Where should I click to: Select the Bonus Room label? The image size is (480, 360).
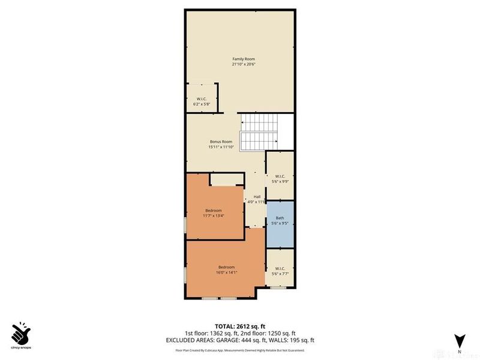point(221,142)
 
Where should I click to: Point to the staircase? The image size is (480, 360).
point(260,133)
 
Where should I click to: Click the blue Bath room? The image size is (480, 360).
point(280,221)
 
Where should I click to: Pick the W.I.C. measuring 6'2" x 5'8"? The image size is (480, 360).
point(202,101)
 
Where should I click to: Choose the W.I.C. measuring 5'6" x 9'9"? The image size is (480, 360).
point(280,178)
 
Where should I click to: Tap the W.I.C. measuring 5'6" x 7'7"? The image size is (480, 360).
point(280,271)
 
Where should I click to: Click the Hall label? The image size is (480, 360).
point(257,197)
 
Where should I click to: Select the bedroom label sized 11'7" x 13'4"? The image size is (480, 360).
point(214,211)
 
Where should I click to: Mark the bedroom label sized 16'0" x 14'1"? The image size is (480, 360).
point(226,267)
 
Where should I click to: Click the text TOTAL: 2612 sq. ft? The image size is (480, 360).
point(239,326)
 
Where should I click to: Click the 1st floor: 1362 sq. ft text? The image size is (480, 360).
point(211,333)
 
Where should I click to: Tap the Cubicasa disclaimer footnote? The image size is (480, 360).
point(239,350)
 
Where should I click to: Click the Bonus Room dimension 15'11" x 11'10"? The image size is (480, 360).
point(221,147)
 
